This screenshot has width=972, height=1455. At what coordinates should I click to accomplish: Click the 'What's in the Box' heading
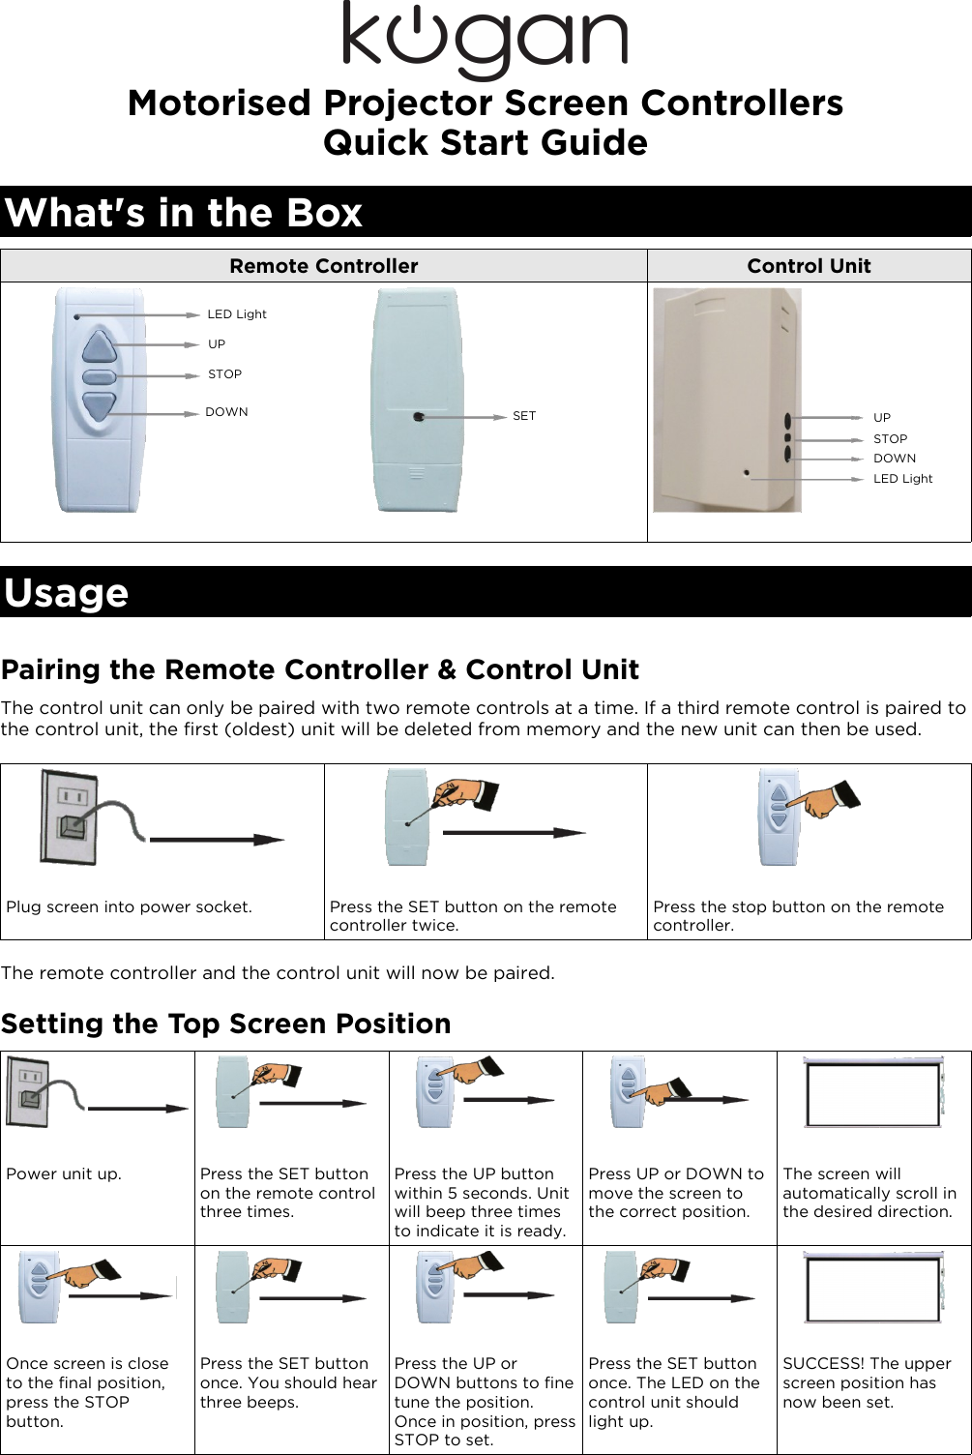click(x=184, y=212)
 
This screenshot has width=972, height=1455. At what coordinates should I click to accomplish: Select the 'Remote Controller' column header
click(x=323, y=266)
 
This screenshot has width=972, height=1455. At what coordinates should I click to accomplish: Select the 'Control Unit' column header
click(x=809, y=266)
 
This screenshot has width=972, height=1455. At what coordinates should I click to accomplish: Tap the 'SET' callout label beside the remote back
click(x=523, y=416)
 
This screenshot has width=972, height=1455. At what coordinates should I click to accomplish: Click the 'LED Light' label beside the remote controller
click(x=237, y=314)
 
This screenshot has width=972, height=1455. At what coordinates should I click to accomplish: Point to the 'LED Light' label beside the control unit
click(x=902, y=479)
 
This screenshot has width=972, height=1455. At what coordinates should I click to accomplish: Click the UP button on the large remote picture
click(x=99, y=346)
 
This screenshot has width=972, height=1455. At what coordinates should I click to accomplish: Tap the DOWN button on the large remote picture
click(x=99, y=407)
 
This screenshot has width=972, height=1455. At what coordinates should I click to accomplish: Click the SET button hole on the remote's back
click(x=418, y=417)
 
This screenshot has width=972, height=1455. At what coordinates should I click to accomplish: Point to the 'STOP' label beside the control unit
click(x=890, y=439)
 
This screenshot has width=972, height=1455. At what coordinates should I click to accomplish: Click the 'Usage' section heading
click(x=66, y=592)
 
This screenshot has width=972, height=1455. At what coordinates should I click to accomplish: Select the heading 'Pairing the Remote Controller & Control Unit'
click(x=319, y=669)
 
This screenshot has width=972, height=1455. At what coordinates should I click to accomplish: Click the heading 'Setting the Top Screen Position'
click(x=225, y=1024)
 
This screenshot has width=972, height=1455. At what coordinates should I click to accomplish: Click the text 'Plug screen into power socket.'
click(x=129, y=906)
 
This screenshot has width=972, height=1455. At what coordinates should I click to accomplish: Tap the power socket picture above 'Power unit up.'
click(x=27, y=1093)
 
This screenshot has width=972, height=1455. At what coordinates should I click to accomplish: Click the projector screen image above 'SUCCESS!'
click(x=873, y=1289)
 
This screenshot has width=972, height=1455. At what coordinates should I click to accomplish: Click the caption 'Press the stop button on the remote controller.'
click(x=798, y=915)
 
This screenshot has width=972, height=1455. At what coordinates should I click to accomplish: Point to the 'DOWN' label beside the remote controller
click(x=226, y=412)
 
